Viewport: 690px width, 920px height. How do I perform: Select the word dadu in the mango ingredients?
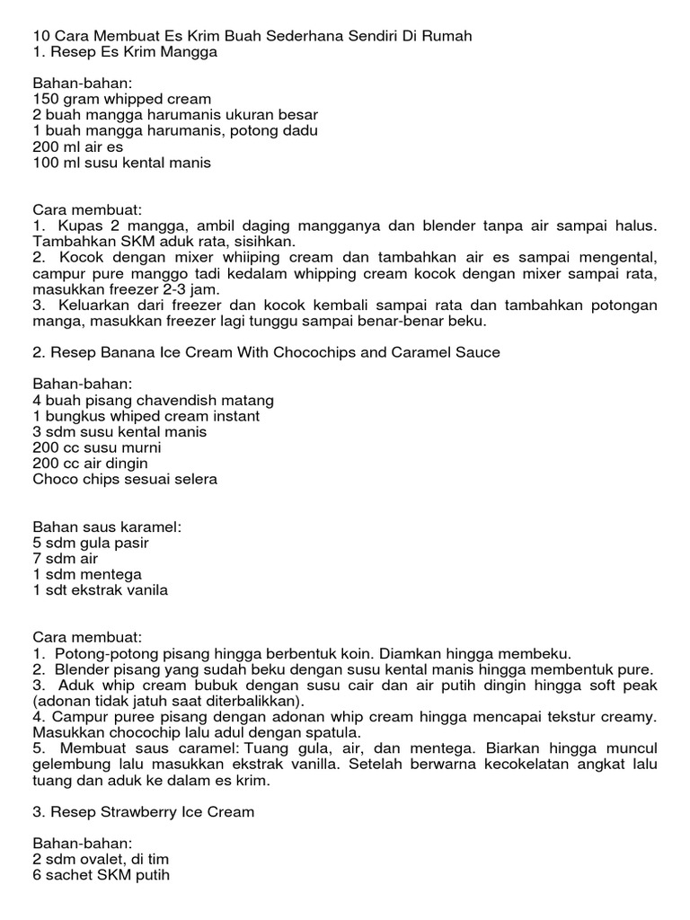point(301,131)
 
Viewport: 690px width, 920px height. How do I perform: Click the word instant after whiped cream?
point(230,416)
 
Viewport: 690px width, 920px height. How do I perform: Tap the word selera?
point(194,480)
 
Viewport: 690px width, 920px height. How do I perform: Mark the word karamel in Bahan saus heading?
point(150,526)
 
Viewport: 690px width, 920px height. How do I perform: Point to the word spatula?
point(330,733)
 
